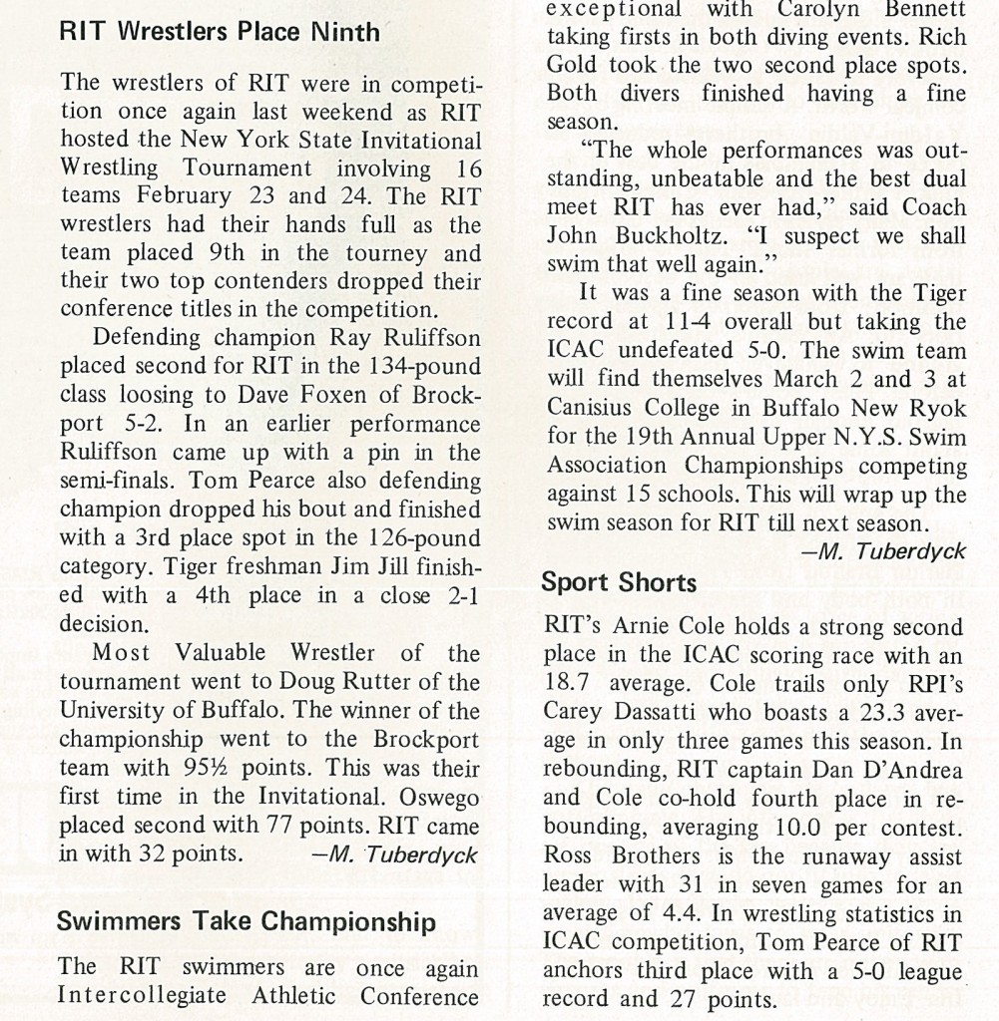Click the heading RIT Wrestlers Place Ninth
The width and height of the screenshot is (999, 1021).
pyautogui.click(x=220, y=31)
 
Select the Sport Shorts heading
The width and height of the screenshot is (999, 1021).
pyautogui.click(x=619, y=582)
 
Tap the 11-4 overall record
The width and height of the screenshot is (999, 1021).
pyautogui.click(x=689, y=323)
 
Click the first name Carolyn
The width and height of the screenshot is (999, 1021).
pyautogui.click(x=814, y=9)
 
